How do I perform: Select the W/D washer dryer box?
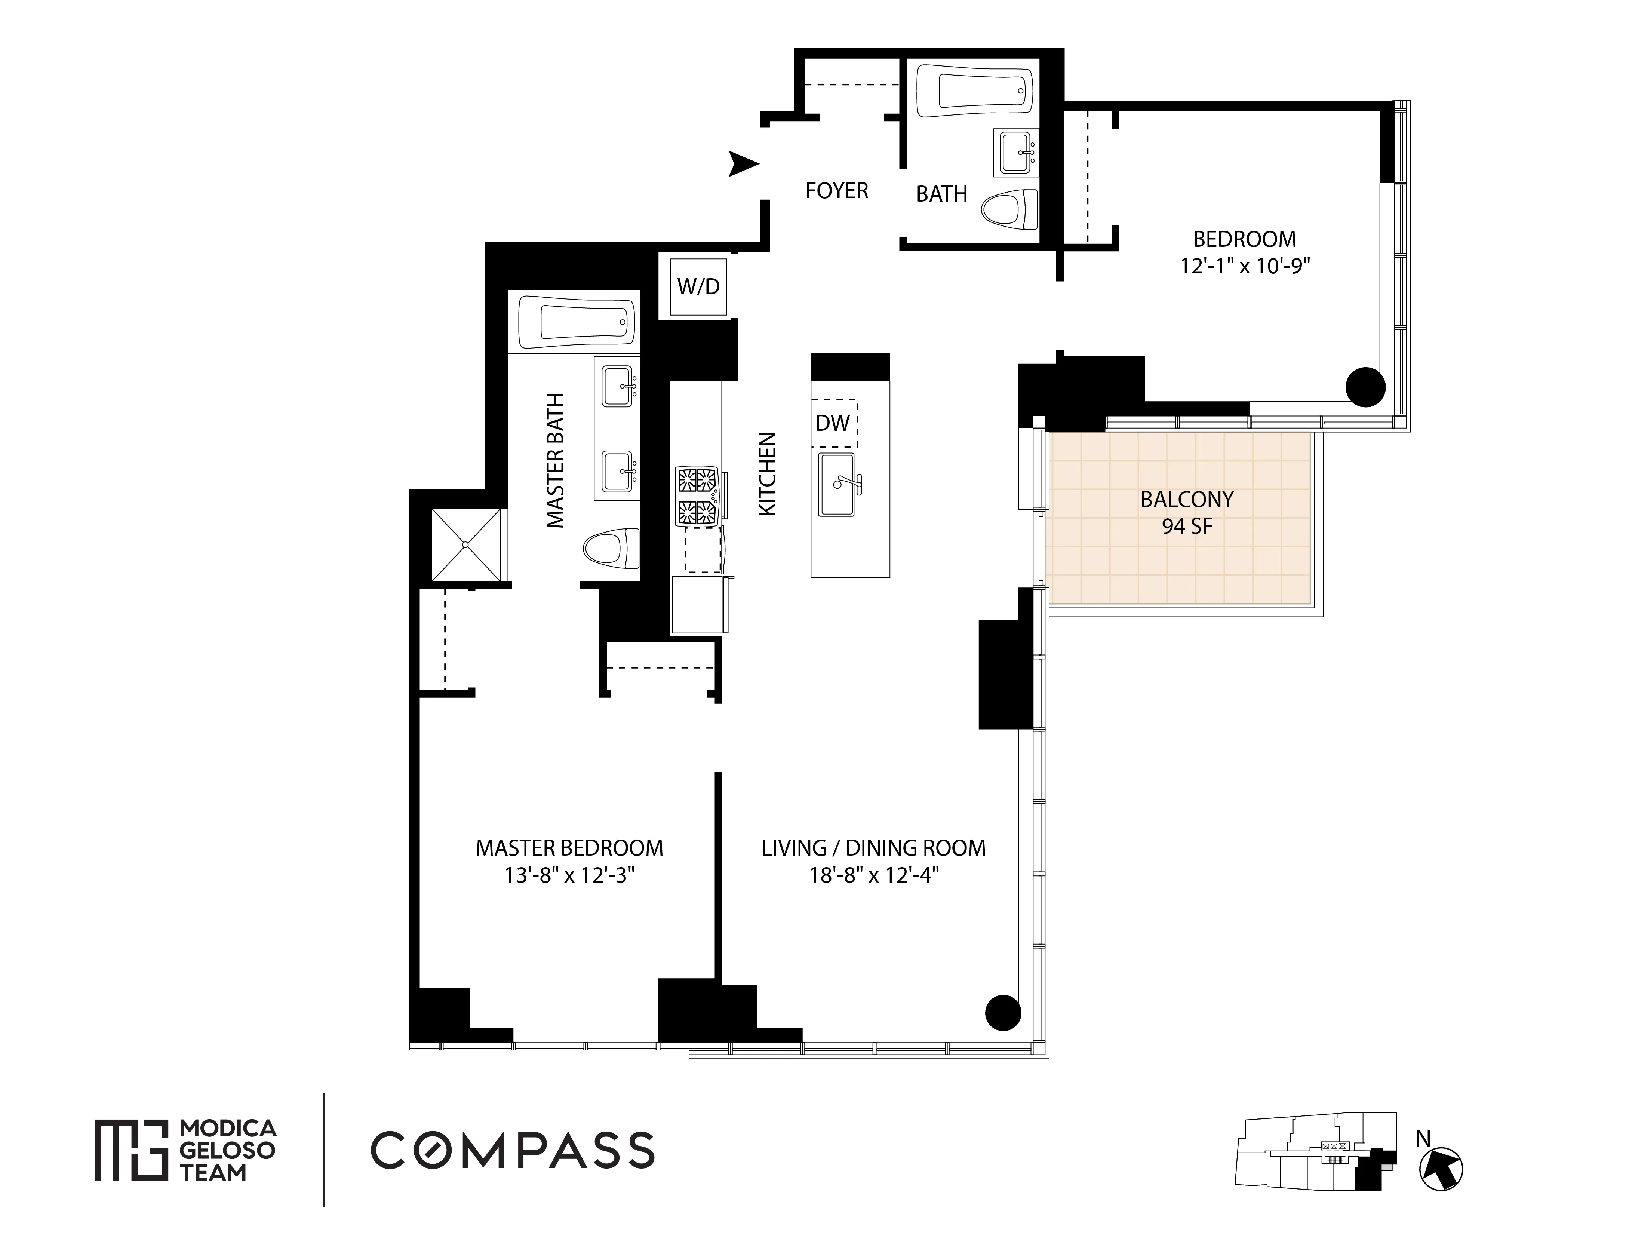pyautogui.click(x=698, y=286)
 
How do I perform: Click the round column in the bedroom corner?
pyautogui.click(x=1365, y=387)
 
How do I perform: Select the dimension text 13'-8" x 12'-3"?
pyautogui.click(x=570, y=875)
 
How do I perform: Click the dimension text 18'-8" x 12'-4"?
pyautogui.click(x=874, y=875)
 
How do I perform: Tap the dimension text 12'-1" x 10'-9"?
pyautogui.click(x=1244, y=266)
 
